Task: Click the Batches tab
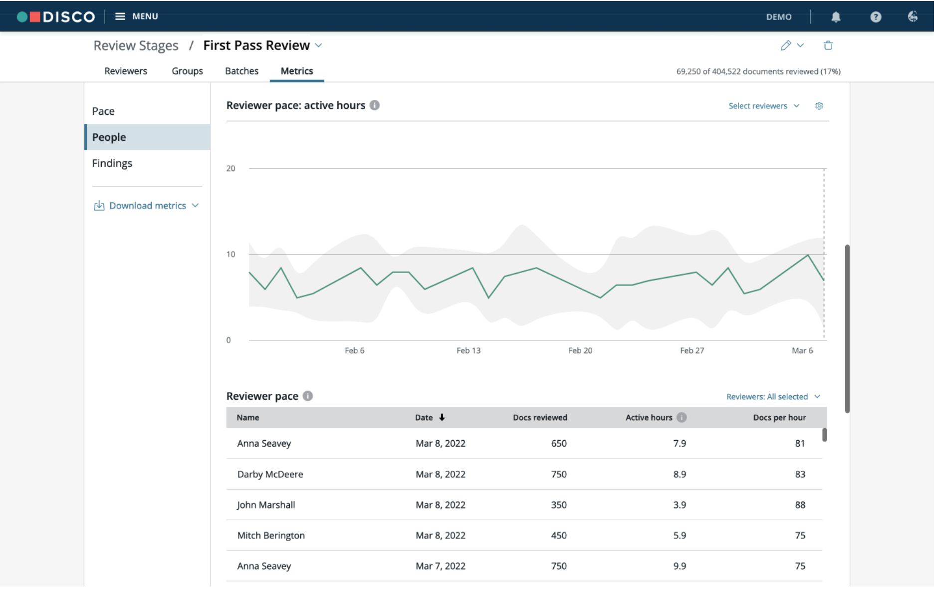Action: pyautogui.click(x=241, y=71)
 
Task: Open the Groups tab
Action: pyautogui.click(x=187, y=71)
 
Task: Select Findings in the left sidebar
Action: pyautogui.click(x=112, y=163)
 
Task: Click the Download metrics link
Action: pyautogui.click(x=147, y=206)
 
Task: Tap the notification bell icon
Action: pyautogui.click(x=836, y=17)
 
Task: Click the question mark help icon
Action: pyautogui.click(x=876, y=17)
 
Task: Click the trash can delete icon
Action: pyautogui.click(x=828, y=45)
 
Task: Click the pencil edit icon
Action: pyautogui.click(x=786, y=45)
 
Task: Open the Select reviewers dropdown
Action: pyautogui.click(x=764, y=106)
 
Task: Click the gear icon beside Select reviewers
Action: pyautogui.click(x=819, y=106)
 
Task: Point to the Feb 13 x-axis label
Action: pyautogui.click(x=468, y=350)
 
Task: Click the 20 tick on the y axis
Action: pyautogui.click(x=231, y=168)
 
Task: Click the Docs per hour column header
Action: pyautogui.click(x=779, y=417)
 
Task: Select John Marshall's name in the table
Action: pyautogui.click(x=266, y=505)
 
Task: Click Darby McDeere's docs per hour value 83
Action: pyautogui.click(x=800, y=474)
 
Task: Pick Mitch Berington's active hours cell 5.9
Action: pyautogui.click(x=680, y=535)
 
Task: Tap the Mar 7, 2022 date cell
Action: pyautogui.click(x=441, y=566)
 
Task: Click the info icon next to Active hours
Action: pyautogui.click(x=682, y=417)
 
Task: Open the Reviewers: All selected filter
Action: pyautogui.click(x=773, y=397)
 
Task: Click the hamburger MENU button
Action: pyautogui.click(x=136, y=16)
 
